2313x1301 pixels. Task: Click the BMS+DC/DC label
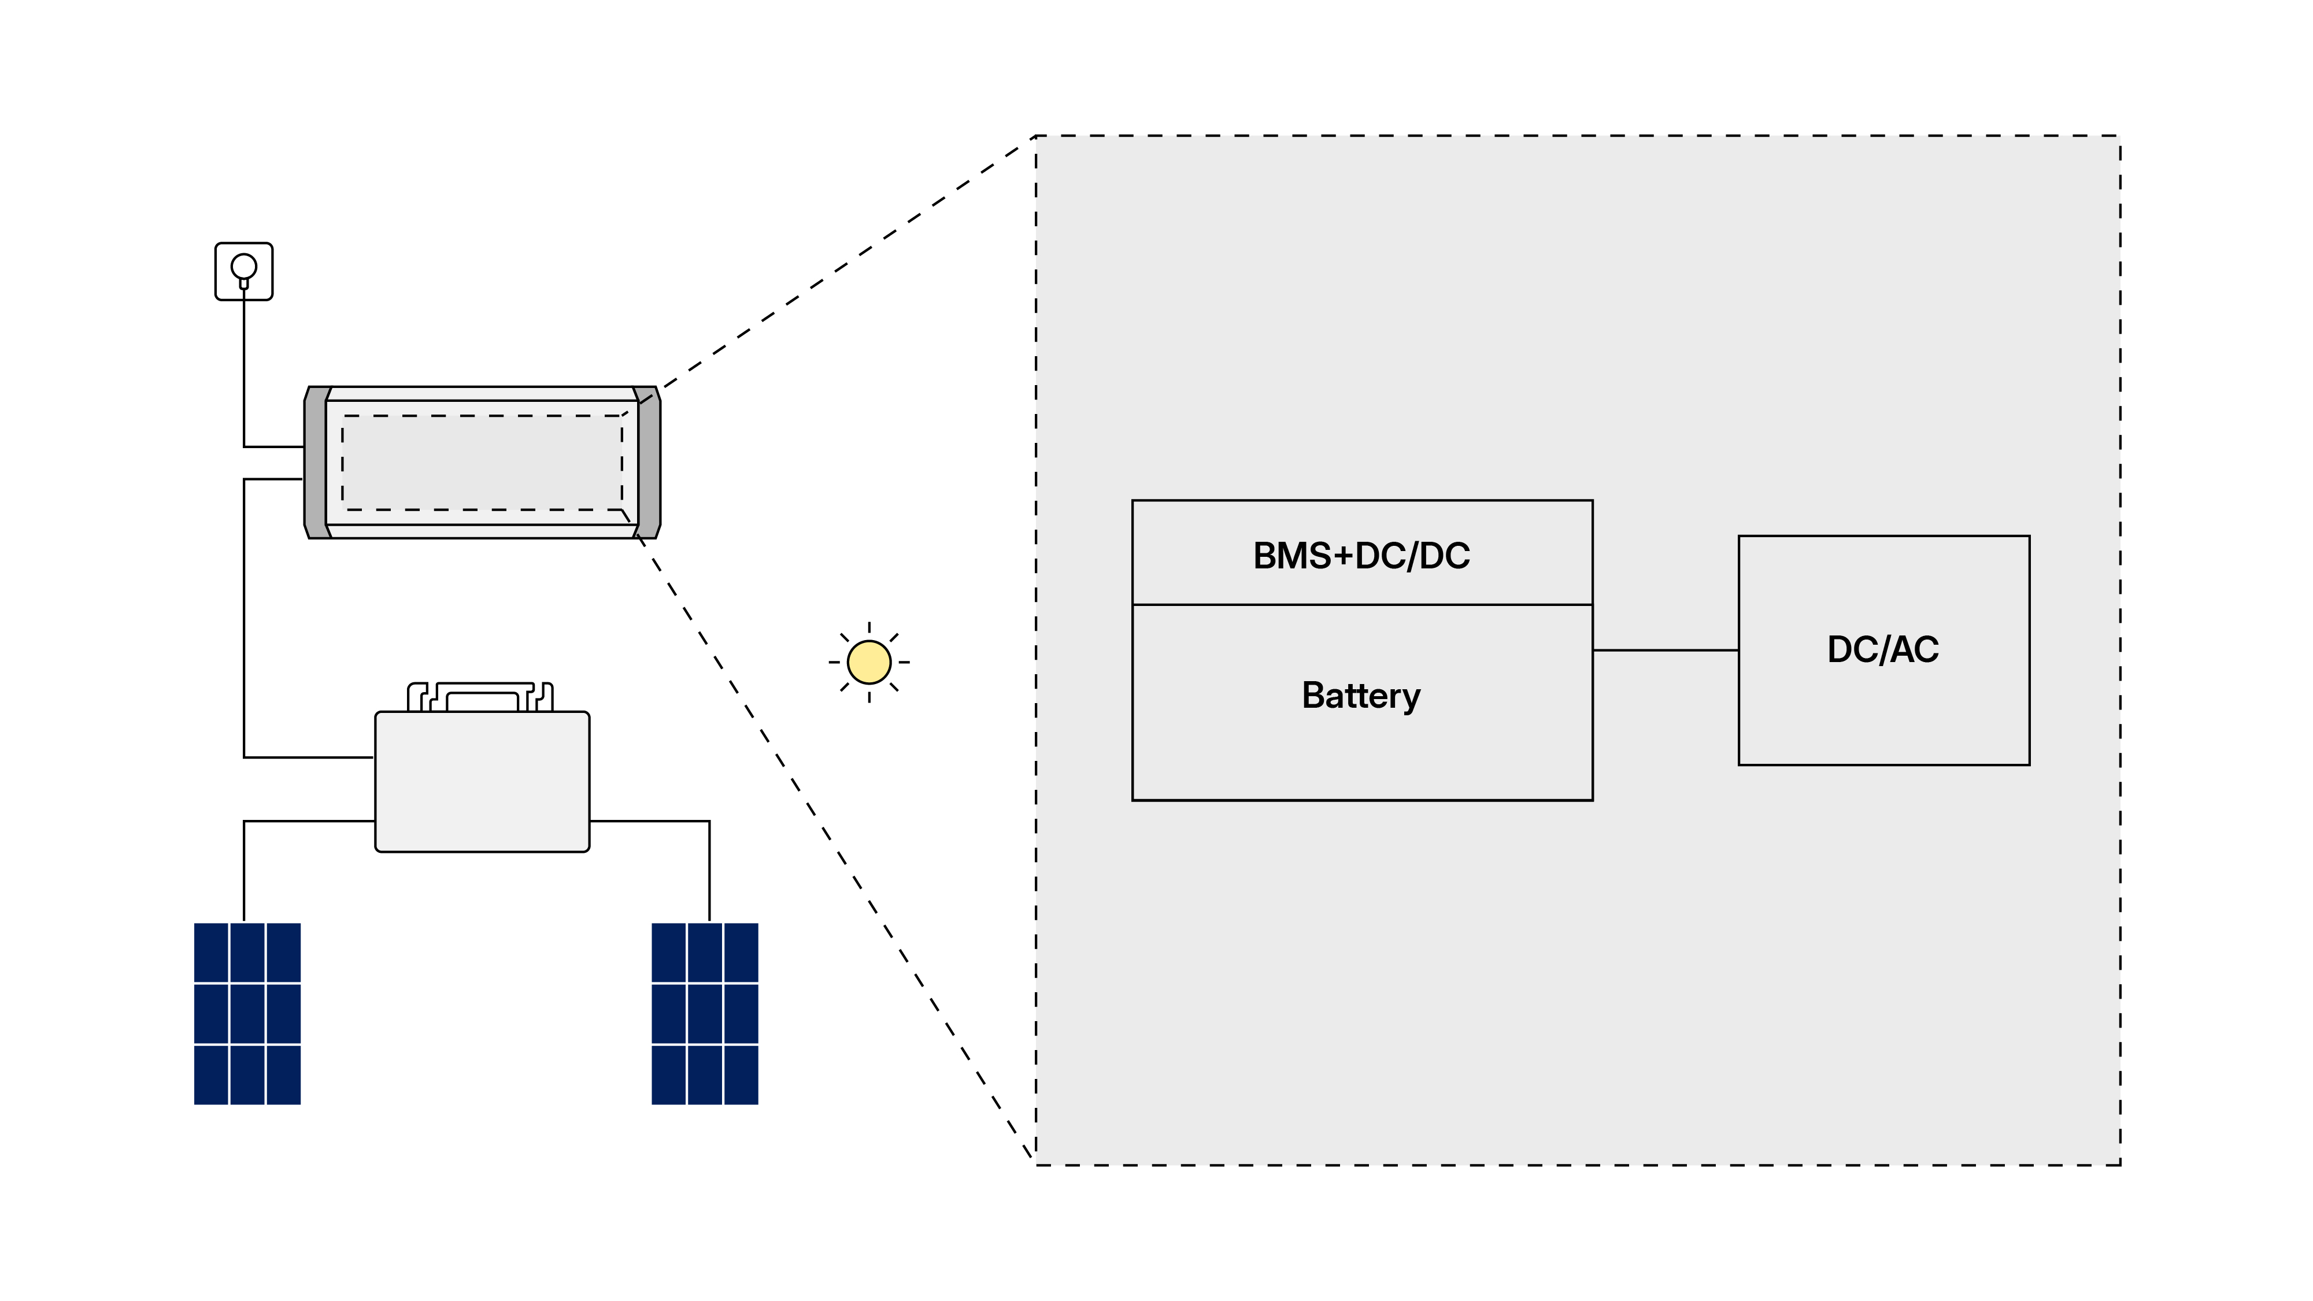pyautogui.click(x=1361, y=556)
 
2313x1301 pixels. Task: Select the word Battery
pyautogui.click(x=1361, y=696)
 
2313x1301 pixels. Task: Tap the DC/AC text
pyautogui.click(x=1883, y=649)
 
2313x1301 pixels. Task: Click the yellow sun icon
pyautogui.click(x=868, y=663)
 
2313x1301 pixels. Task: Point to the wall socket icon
pyautogui.click(x=244, y=271)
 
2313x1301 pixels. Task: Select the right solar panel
pyautogui.click(x=705, y=1013)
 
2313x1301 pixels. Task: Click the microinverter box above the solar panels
pyautogui.click(x=482, y=781)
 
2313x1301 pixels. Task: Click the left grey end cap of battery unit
pyautogui.click(x=316, y=463)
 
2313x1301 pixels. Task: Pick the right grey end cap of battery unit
pyautogui.click(x=649, y=463)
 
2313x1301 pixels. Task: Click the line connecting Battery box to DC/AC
pyautogui.click(x=1666, y=650)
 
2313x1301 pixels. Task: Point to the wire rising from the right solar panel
pyautogui.click(x=709, y=871)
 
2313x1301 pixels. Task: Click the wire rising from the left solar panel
pyautogui.click(x=244, y=871)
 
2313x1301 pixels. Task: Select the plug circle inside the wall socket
pyautogui.click(x=244, y=266)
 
